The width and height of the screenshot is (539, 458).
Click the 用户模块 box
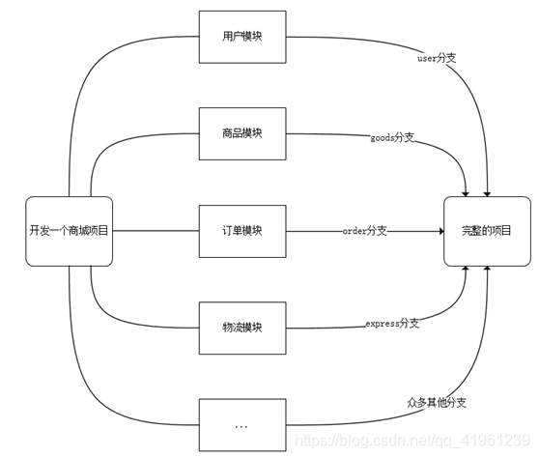pyautogui.click(x=241, y=39)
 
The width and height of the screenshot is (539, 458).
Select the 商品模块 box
pyautogui.click(x=241, y=135)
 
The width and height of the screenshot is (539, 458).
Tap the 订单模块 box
pyautogui.click(x=241, y=231)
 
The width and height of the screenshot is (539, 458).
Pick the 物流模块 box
pyautogui.click(x=241, y=329)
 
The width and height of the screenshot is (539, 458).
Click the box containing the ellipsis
pyautogui.click(x=241, y=425)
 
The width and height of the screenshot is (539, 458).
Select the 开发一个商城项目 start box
pyautogui.click(x=70, y=231)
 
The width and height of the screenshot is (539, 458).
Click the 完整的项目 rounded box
pyautogui.click(x=487, y=231)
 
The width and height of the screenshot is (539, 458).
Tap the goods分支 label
pyautogui.click(x=391, y=138)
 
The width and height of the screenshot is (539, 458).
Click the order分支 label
pyautogui.click(x=364, y=231)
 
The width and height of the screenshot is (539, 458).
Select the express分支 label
pyautogui.click(x=391, y=323)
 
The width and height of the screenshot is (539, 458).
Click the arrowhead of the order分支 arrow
pyautogui.click(x=438, y=231)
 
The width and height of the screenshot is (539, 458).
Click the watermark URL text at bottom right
pyautogui.click(x=411, y=440)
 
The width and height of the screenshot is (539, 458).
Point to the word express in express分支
pyautogui.click(x=382, y=323)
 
